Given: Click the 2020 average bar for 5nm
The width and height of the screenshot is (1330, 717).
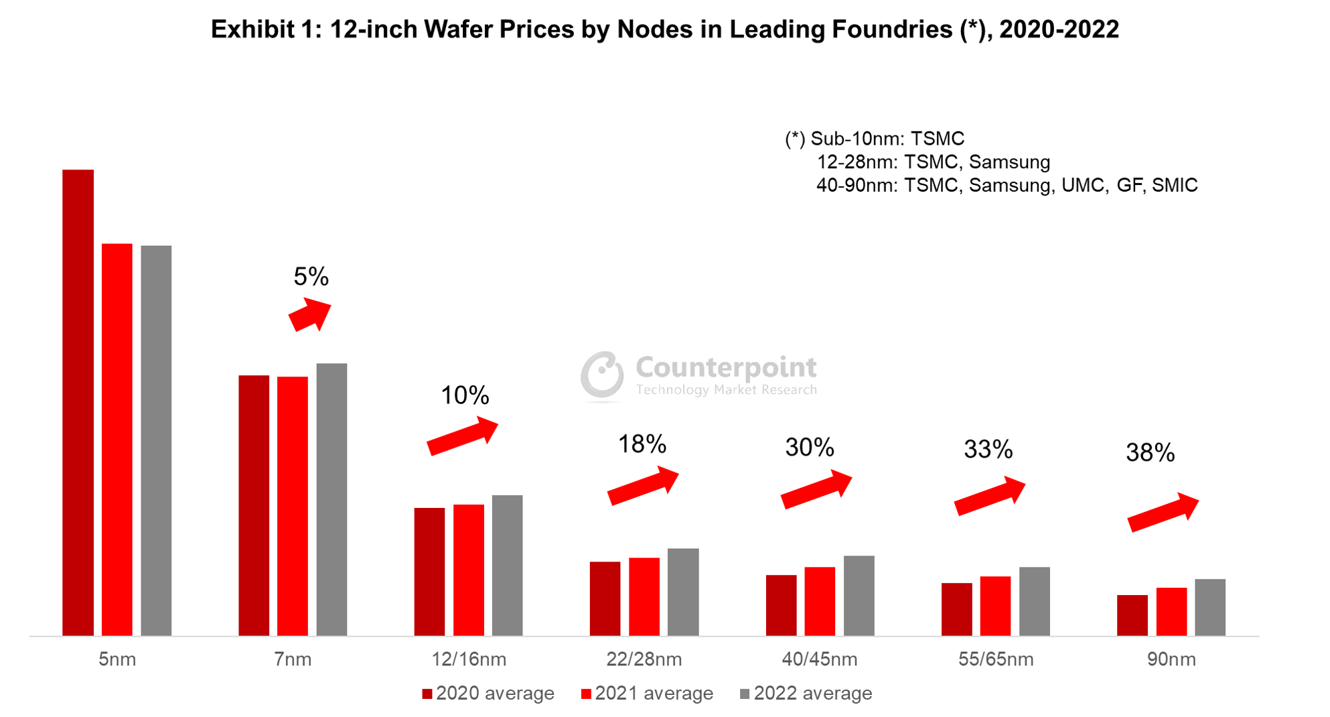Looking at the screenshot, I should (78, 402).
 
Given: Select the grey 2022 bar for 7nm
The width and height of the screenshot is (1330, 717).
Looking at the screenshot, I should (331, 499).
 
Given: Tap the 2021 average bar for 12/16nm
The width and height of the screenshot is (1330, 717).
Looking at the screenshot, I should (468, 570).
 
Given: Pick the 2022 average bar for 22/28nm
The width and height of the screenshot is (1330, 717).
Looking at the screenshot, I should (683, 592).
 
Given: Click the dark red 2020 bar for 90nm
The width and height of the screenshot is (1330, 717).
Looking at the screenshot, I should (1132, 615).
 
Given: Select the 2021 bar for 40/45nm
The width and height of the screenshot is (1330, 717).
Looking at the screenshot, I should (820, 601).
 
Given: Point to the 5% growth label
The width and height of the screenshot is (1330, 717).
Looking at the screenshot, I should (311, 276).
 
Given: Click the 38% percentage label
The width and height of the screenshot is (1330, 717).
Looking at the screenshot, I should (1150, 452).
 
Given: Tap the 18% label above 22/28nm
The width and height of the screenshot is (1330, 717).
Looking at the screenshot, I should (642, 444).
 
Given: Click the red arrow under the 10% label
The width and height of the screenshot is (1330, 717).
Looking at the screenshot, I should (463, 436).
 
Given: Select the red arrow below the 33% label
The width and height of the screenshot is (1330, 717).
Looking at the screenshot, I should (990, 496).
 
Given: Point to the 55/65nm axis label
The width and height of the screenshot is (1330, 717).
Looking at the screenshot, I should (995, 659).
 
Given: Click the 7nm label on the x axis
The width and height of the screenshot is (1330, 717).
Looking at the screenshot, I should (293, 659).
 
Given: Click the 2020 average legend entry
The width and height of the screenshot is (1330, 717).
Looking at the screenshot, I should (488, 694).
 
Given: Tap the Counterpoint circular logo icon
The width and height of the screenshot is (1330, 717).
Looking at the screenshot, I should (602, 374).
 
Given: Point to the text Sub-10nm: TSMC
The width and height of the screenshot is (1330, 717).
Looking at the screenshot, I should (887, 139).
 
